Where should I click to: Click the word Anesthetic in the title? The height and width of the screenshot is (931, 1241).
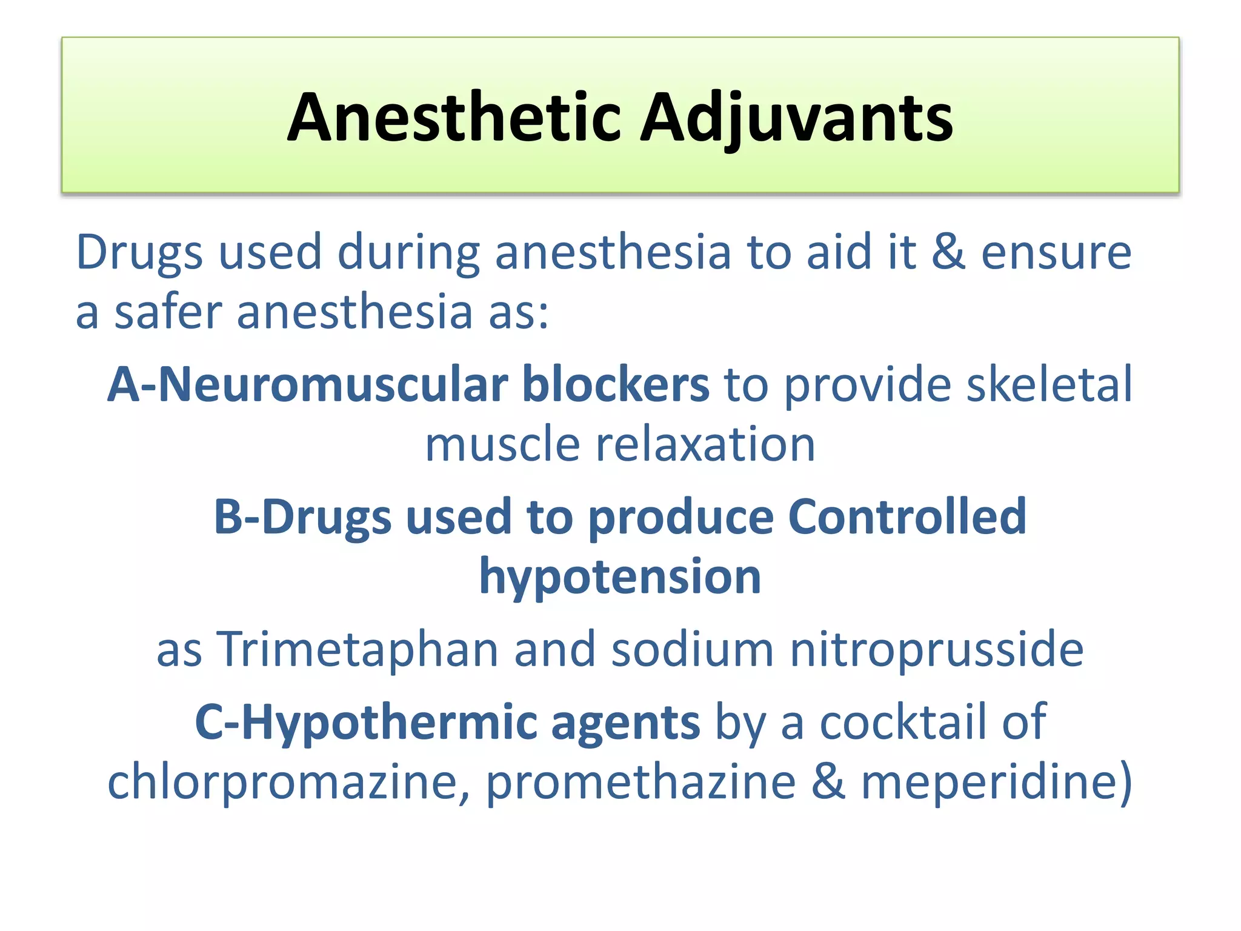coord(454,118)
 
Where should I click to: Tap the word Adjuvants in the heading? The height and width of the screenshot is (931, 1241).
coord(796,118)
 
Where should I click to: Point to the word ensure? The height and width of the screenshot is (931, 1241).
coord(1056,252)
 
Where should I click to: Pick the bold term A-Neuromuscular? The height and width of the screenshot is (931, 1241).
coord(308,384)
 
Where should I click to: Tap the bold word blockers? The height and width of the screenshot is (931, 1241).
coord(616,384)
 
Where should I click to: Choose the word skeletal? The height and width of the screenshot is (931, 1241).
coord(1049,384)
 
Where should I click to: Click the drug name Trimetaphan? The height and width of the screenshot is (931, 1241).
coord(358,649)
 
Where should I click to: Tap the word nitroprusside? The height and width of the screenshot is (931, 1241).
coord(937,649)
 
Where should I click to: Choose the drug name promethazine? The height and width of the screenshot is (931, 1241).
coord(640,782)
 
